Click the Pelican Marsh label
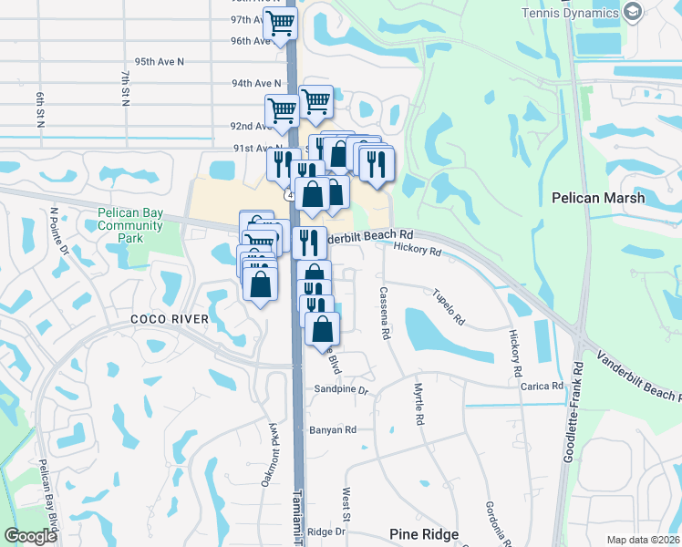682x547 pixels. click(598, 198)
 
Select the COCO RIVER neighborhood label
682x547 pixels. click(169, 319)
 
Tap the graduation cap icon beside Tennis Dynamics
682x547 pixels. click(634, 12)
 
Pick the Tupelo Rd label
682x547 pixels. click(449, 307)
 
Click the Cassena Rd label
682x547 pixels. click(385, 314)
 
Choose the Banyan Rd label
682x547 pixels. click(332, 429)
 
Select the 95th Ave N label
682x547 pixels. click(159, 61)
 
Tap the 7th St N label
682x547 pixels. click(125, 87)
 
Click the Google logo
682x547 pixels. click(30, 536)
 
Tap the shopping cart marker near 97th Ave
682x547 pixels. click(280, 24)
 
